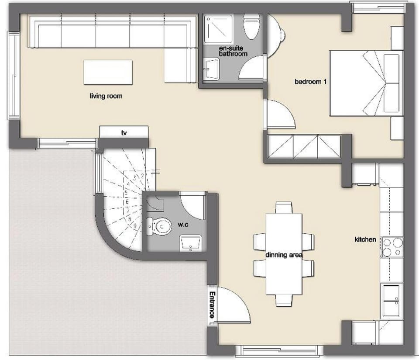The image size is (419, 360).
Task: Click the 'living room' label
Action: [106, 96]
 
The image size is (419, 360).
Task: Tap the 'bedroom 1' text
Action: [310, 81]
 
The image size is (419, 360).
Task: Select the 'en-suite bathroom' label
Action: [233, 51]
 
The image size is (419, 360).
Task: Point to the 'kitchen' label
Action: [365, 239]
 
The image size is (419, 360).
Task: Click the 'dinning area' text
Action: [284, 254]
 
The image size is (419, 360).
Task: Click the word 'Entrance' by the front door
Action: [212, 304]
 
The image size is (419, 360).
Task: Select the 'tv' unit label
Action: [124, 132]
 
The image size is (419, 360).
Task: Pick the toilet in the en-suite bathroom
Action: [252, 27]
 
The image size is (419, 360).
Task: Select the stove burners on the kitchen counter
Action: [392, 247]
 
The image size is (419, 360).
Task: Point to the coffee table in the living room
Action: [108, 72]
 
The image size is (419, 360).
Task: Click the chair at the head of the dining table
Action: [284, 207]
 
